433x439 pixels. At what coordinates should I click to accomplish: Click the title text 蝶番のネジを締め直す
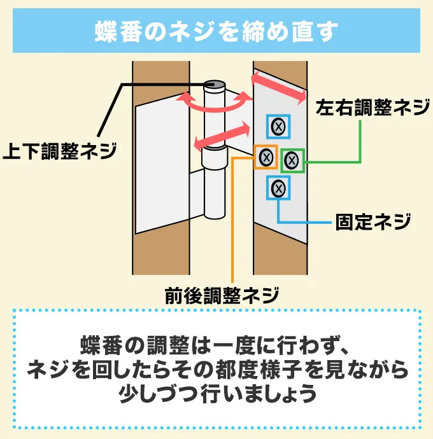216,31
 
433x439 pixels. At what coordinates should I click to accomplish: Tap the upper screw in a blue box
278,127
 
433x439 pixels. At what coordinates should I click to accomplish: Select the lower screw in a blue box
278,188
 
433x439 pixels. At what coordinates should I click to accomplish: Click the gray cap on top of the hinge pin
215,83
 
